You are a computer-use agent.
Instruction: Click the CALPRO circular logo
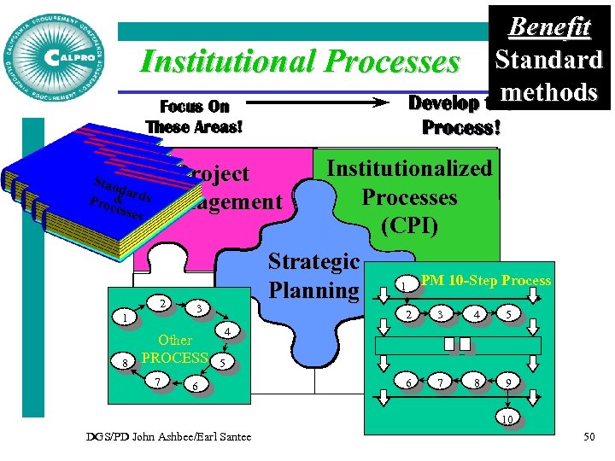coord(56,56)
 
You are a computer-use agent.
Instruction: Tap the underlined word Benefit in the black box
coord(549,27)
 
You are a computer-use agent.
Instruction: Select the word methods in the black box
coord(549,91)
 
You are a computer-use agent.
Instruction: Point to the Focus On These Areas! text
coord(195,117)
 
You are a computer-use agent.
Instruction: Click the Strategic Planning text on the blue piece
coord(314,275)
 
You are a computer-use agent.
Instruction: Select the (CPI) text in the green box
coord(409,226)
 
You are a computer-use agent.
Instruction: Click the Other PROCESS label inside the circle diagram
coord(174,349)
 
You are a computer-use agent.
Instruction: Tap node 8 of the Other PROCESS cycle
coord(126,363)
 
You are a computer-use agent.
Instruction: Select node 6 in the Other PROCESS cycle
coord(196,388)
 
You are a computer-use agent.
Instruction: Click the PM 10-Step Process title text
coord(485,280)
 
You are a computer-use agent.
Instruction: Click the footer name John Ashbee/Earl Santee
coord(169,438)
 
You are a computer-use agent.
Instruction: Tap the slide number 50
coord(589,438)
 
